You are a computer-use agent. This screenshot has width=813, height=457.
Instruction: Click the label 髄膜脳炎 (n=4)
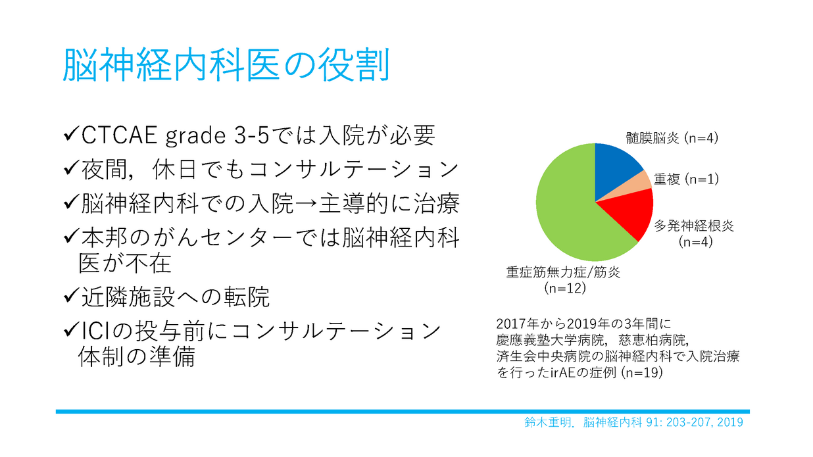tap(672, 138)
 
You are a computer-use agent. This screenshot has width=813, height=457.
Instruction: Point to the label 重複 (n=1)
tap(686, 179)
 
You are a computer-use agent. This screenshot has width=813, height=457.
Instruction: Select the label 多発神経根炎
tap(694, 226)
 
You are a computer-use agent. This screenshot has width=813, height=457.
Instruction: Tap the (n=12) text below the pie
tap(565, 288)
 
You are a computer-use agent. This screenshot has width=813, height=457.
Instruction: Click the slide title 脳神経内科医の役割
tap(226, 65)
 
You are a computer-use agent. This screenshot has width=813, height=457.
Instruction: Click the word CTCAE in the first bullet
tap(119, 135)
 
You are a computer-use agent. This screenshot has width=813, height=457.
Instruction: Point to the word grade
tap(195, 136)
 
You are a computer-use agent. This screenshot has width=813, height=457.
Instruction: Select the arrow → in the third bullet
tap(306, 204)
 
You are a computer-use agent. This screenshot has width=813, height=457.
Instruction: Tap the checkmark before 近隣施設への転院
tap(71, 296)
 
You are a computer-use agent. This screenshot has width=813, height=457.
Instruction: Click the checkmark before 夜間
tap(71, 168)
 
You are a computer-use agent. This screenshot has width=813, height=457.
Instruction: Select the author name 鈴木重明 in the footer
tap(547, 422)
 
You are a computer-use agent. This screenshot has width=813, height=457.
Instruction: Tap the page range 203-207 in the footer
tap(689, 422)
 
